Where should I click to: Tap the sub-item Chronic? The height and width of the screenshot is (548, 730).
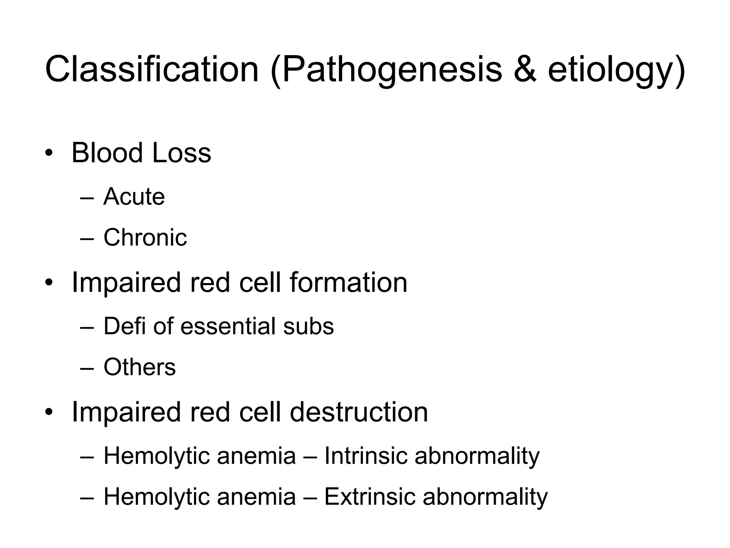pyautogui.click(x=145, y=237)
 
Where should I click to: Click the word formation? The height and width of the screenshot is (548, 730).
pyautogui.click(x=348, y=283)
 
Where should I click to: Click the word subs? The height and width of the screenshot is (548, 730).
pyautogui.click(x=308, y=326)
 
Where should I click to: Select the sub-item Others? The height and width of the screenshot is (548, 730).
pyautogui.click(x=139, y=367)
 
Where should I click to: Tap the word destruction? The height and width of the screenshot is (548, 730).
pyautogui.click(x=359, y=412)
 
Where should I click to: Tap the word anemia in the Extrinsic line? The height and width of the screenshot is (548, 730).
pyautogui.click(x=256, y=497)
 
